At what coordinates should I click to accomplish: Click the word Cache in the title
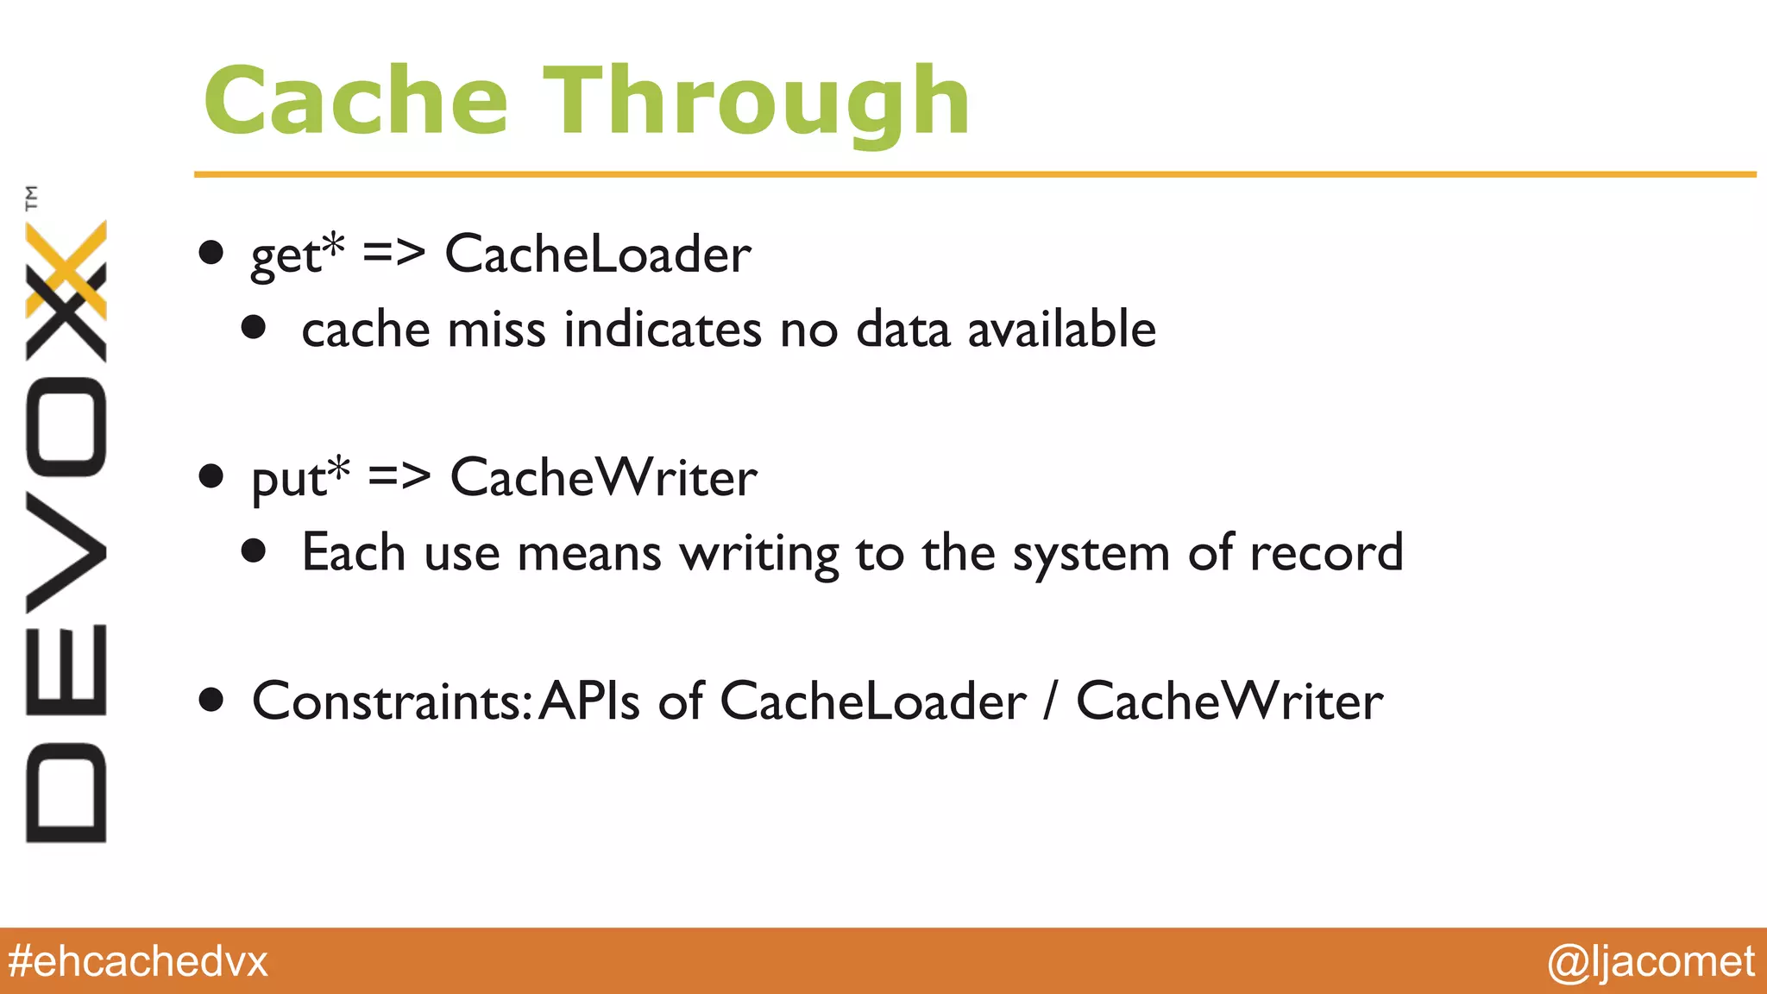pos(355,102)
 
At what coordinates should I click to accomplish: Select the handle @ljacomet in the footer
pos(1650,961)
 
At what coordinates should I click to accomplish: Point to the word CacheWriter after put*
pos(603,477)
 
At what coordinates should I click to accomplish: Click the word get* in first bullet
pos(297,255)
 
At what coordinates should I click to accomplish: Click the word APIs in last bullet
pos(590,700)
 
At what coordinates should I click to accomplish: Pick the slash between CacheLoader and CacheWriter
pos(1050,701)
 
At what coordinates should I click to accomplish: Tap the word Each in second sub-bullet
pos(353,552)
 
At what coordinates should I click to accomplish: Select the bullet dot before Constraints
pos(211,700)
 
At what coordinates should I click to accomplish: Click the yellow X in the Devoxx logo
pos(66,267)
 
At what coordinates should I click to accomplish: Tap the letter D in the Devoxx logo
pos(66,791)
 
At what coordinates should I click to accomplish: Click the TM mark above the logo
pos(32,198)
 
